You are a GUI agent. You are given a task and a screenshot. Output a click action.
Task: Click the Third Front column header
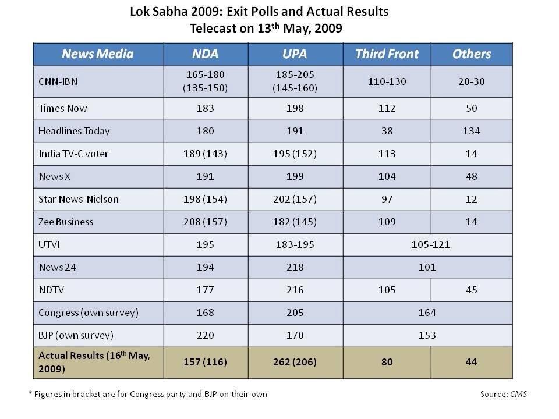click(387, 54)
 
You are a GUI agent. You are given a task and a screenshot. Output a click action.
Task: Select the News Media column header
click(98, 54)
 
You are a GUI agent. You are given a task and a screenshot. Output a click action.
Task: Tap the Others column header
click(471, 54)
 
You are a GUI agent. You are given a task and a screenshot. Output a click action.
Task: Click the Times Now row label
click(63, 108)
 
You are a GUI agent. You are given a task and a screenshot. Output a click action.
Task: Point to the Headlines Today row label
click(73, 131)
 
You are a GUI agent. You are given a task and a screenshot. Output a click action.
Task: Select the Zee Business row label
click(66, 222)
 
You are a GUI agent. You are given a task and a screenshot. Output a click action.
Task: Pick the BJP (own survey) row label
click(76, 335)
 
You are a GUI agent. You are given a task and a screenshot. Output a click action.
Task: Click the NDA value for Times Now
click(206, 108)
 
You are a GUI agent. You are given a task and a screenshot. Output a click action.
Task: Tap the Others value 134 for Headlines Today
click(471, 131)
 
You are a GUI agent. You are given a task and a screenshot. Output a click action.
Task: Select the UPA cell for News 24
click(295, 267)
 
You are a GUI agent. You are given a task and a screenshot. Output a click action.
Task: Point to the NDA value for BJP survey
click(206, 335)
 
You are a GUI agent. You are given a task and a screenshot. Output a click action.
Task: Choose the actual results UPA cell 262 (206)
click(295, 362)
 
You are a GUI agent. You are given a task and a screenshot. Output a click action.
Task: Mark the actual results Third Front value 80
click(387, 362)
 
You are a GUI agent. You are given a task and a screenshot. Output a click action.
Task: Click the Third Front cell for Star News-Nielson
click(387, 199)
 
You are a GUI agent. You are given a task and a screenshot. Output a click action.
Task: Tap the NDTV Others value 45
click(471, 290)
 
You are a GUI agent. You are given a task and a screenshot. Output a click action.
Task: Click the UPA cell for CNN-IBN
click(295, 81)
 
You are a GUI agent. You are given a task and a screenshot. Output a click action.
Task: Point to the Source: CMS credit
click(504, 394)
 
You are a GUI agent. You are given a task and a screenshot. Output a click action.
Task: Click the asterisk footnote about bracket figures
click(148, 394)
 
